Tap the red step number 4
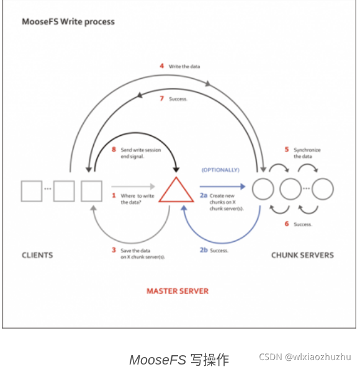(x=161, y=66)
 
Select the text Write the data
(x=184, y=66)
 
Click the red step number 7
(x=161, y=99)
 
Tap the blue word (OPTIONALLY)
(x=220, y=169)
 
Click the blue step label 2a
(x=204, y=195)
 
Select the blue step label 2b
(x=204, y=250)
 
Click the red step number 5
(x=286, y=150)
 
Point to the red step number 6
(x=286, y=224)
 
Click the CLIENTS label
(x=37, y=255)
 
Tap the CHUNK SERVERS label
(x=302, y=255)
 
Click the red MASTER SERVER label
(x=178, y=291)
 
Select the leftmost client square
(x=32, y=190)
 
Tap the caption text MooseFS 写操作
(x=179, y=359)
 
